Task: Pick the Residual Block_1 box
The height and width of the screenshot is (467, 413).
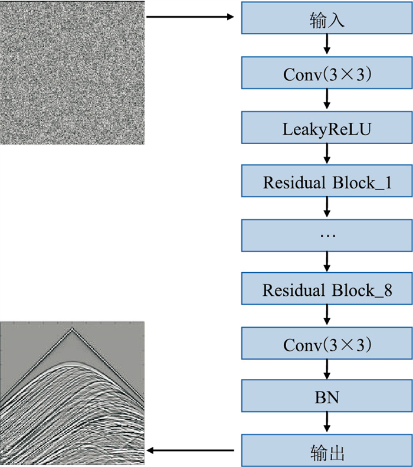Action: pyautogui.click(x=327, y=182)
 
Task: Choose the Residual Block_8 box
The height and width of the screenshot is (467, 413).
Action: pyautogui.click(x=327, y=290)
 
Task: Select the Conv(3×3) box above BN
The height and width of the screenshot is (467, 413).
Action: pyautogui.click(x=327, y=344)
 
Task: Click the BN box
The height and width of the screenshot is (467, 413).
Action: pyautogui.click(x=327, y=397)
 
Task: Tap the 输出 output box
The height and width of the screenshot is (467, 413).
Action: pyautogui.click(x=327, y=452)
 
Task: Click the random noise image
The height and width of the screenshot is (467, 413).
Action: pyautogui.click(x=73, y=72)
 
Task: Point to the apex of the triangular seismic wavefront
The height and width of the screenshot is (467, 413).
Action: pyautogui.click(x=72, y=329)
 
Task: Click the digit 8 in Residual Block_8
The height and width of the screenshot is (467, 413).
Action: pyautogui.click(x=387, y=290)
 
